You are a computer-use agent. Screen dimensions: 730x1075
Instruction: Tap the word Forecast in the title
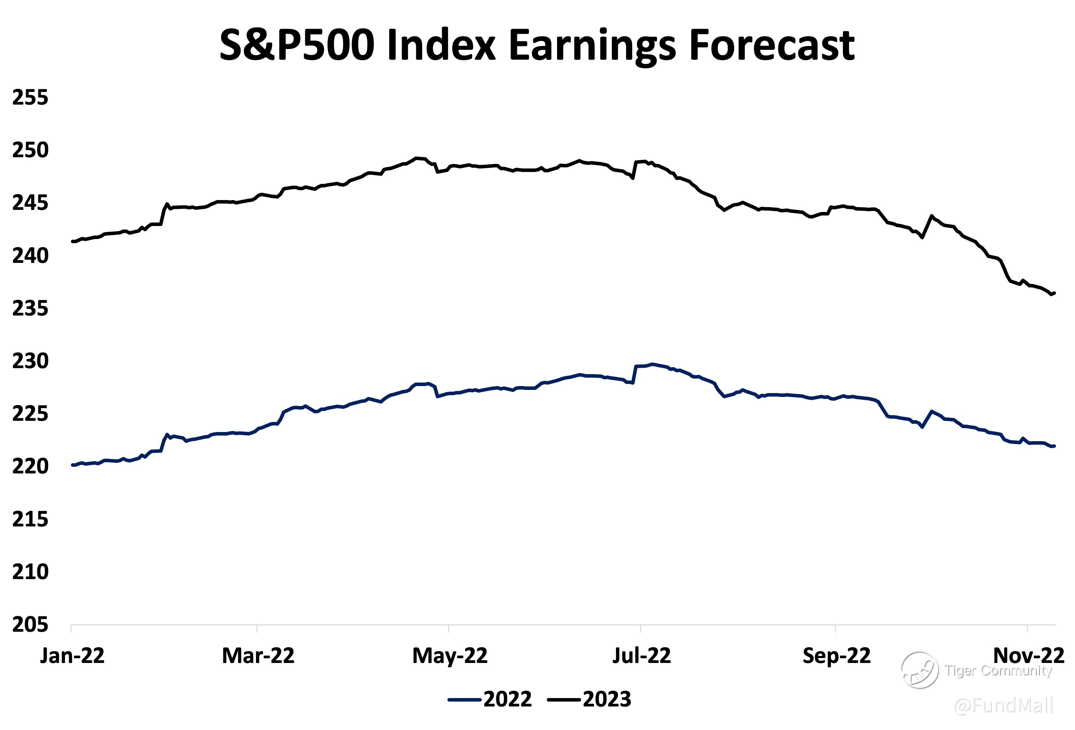pos(771,45)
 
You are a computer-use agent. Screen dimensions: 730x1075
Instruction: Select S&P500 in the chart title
pos(296,45)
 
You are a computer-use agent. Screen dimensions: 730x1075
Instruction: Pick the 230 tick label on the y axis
pos(30,361)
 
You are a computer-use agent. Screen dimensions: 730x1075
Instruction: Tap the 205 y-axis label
pos(30,625)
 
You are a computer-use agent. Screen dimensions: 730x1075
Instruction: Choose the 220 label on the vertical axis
pos(30,466)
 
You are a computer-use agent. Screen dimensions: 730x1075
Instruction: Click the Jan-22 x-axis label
pos(72,656)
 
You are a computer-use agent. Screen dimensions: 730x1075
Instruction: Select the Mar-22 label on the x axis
pos(258,656)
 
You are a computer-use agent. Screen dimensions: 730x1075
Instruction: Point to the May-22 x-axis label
pos(450,656)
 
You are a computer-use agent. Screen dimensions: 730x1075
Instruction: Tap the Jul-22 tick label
pos(642,656)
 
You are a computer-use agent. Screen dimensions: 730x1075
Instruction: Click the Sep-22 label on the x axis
pos(836,656)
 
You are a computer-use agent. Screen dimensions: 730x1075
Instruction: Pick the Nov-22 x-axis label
pos(1029,656)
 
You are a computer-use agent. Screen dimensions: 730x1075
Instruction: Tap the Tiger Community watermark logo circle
pos(919,670)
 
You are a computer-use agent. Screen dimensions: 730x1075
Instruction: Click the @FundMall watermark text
pos(1004,705)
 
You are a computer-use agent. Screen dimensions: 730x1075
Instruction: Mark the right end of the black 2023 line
pos(1054,293)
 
